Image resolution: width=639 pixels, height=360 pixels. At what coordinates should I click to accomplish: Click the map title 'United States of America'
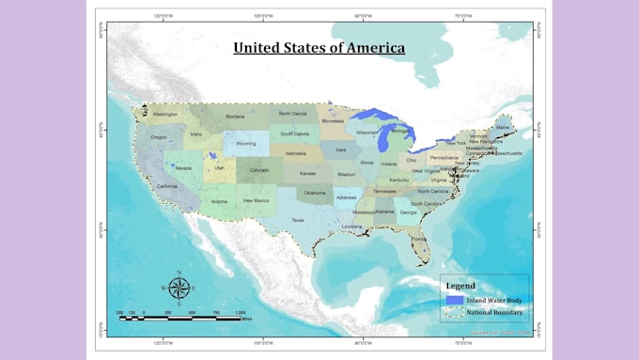click(x=319, y=47)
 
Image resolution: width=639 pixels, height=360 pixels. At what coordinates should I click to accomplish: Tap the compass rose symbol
click(x=179, y=288)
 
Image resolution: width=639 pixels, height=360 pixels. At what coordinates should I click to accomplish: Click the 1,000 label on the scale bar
click(x=240, y=312)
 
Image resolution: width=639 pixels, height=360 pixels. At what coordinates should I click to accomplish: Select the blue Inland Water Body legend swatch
click(x=455, y=300)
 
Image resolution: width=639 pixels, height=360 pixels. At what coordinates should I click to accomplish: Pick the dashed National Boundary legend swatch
click(x=455, y=311)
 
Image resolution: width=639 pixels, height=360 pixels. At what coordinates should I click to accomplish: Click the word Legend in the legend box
click(x=460, y=286)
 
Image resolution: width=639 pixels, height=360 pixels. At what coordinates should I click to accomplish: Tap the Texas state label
click(x=298, y=220)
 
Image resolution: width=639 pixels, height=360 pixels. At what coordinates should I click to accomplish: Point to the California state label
click(x=166, y=186)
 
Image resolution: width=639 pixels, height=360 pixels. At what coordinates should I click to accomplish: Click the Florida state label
click(x=418, y=239)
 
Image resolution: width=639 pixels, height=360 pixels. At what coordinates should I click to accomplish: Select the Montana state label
click(x=235, y=117)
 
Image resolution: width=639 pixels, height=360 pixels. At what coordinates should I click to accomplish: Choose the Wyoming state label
click(x=246, y=144)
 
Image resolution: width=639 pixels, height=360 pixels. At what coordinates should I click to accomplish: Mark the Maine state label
click(x=503, y=127)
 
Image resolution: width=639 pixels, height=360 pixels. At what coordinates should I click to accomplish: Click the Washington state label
click(x=165, y=115)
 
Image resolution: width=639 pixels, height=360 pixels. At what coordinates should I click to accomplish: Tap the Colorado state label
click(x=259, y=170)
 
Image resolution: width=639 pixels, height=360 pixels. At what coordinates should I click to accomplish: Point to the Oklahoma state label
click(x=314, y=194)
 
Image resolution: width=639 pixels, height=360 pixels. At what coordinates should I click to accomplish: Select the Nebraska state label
click(x=295, y=153)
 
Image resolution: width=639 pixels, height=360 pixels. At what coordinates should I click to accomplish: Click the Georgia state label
click(x=408, y=212)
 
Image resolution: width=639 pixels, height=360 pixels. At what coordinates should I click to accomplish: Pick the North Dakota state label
click(x=292, y=114)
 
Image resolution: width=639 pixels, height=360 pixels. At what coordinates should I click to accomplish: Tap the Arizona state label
click(x=219, y=201)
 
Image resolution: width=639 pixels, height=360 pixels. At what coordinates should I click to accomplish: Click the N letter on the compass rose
click(x=179, y=273)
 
